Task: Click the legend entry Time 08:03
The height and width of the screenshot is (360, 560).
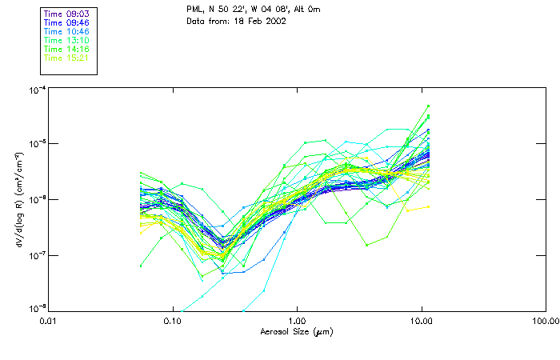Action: tap(67, 14)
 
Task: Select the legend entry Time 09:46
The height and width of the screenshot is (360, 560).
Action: tap(67, 23)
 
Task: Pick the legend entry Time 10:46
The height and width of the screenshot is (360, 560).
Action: tap(67, 32)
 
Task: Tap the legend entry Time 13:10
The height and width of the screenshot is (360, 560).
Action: tap(67, 41)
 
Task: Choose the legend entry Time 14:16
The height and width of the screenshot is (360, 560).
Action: tap(67, 50)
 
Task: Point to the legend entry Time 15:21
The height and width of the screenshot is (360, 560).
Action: tap(67, 58)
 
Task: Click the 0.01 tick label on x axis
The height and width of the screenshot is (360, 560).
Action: tap(49, 322)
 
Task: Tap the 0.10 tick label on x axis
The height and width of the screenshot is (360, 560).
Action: tap(173, 322)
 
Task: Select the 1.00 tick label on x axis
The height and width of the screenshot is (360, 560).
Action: tap(298, 322)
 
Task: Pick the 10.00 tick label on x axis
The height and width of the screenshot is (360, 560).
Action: tap(422, 322)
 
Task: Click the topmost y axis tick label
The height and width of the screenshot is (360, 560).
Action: tap(37, 90)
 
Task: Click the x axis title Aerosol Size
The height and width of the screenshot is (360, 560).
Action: tap(297, 331)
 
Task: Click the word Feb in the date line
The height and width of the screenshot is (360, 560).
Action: tap(258, 21)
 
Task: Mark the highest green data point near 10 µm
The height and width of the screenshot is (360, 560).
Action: tap(429, 106)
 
